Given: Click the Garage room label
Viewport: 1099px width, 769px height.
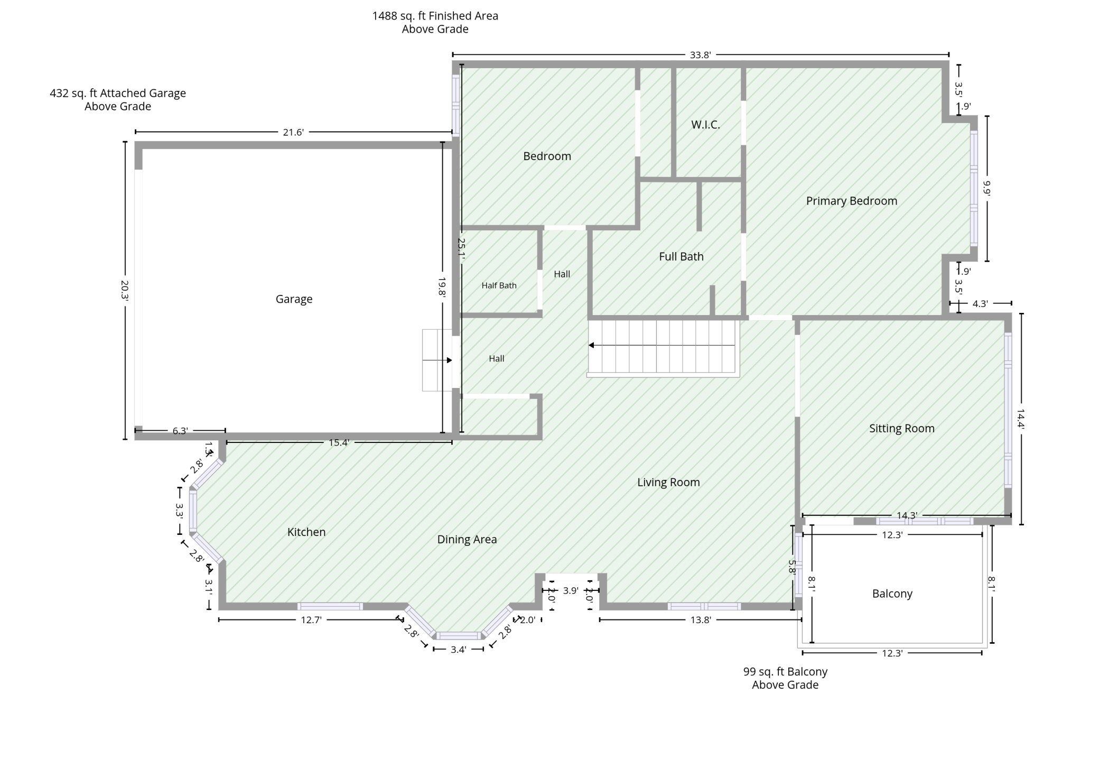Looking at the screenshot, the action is tap(294, 299).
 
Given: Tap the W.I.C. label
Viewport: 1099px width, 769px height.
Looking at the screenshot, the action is tap(705, 125).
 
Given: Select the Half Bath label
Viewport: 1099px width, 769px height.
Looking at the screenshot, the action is tap(499, 285).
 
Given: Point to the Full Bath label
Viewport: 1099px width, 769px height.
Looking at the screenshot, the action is tap(681, 256).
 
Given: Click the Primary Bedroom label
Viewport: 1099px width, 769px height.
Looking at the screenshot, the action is tap(851, 201).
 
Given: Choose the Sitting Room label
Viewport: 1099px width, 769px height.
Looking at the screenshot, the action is tap(901, 429).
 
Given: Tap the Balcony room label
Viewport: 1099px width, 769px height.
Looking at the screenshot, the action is tap(892, 594).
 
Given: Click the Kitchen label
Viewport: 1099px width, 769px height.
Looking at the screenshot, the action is tap(306, 532).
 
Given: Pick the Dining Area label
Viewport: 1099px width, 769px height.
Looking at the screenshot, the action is tap(467, 540).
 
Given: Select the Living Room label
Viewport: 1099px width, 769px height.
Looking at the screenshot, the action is tap(668, 482).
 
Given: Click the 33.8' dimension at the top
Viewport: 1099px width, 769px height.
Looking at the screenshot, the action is tap(701, 54).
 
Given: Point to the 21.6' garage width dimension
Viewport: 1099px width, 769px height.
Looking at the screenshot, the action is tap(293, 132).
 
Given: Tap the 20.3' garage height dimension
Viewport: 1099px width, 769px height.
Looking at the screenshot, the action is tap(125, 290).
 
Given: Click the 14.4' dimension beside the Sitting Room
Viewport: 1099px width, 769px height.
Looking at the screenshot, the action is tap(1021, 419).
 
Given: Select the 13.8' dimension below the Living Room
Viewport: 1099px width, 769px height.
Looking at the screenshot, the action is tap(701, 620).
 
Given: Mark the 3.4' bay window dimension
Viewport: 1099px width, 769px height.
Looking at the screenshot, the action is tap(458, 650).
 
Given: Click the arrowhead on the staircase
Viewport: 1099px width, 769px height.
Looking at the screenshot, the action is tap(592, 345).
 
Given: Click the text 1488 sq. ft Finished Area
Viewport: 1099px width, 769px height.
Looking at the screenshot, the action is tap(435, 16).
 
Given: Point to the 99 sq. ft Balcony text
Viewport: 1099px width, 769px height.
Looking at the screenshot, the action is tap(785, 672).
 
